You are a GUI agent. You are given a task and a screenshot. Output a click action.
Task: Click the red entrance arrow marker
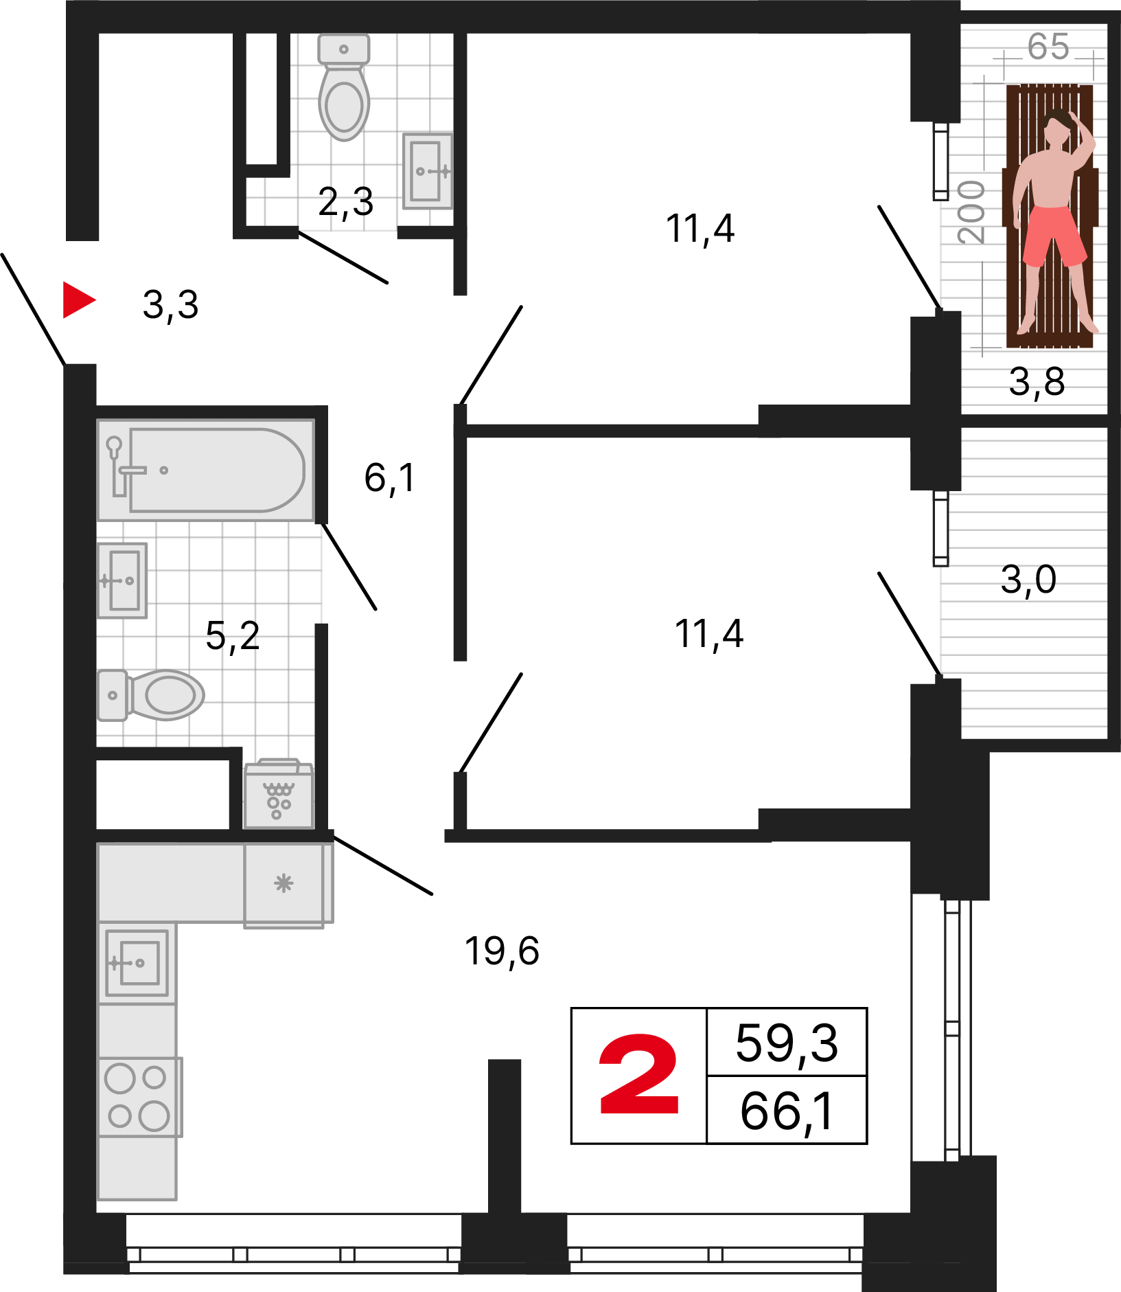tap(78, 300)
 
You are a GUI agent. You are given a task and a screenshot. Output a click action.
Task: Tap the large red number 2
tap(639, 1075)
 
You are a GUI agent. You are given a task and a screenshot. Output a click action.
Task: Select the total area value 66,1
tap(787, 1111)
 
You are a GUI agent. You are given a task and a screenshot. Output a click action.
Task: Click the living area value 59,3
tap(787, 1043)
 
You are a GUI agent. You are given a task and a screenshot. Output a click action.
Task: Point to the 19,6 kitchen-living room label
tap(502, 951)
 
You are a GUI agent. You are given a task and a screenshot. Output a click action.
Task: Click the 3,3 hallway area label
tap(170, 304)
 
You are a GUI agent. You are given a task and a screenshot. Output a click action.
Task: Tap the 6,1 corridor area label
tap(390, 478)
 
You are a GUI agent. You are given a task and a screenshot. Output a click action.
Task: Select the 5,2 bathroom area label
tap(233, 636)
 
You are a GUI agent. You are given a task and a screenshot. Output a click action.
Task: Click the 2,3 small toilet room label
tap(346, 202)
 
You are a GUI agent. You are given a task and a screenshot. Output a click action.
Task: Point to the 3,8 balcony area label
tap(1037, 382)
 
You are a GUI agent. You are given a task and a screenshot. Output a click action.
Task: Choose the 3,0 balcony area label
tap(1028, 580)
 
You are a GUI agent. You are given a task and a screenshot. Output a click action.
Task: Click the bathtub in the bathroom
tap(206, 470)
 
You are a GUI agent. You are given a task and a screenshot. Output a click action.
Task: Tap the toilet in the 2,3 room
tap(344, 87)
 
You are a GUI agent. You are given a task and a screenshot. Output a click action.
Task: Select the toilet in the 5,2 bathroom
tap(151, 695)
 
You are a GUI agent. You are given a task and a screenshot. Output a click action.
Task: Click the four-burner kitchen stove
tap(140, 1097)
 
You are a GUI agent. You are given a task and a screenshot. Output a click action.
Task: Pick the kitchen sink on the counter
tap(137, 963)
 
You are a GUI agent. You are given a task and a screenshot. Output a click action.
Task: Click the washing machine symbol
tap(279, 794)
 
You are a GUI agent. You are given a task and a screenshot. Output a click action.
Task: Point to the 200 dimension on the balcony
tap(971, 212)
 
